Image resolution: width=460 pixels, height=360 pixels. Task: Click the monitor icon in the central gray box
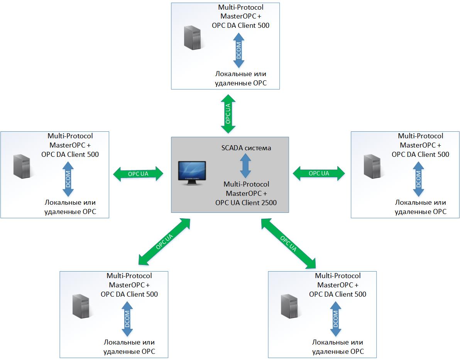tap(192, 173)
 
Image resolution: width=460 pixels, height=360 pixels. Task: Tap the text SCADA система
tap(246, 148)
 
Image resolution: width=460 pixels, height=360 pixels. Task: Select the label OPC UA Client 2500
tap(246, 203)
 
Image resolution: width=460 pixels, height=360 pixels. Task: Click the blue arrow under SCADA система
tap(245, 166)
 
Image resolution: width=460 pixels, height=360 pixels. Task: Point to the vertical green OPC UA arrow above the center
tap(228, 114)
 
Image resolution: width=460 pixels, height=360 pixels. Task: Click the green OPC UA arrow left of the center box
tap(138, 174)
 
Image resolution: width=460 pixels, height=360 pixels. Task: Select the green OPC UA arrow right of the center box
tap(319, 173)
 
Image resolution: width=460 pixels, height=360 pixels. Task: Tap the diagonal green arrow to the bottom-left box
tap(164, 242)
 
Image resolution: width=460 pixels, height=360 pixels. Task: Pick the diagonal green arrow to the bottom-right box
tap(288, 243)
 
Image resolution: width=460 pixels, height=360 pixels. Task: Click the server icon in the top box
tap(193, 37)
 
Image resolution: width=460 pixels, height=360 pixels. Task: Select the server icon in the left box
tap(22, 166)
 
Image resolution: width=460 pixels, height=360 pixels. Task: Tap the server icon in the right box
tap(372, 166)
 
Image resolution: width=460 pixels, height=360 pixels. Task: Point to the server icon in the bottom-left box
tap(81, 306)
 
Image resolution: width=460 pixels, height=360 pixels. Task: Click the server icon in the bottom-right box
tap(289, 306)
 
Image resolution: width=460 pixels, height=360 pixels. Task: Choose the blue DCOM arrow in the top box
tap(239, 50)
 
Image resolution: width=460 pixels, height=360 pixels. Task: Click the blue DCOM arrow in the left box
tap(68, 179)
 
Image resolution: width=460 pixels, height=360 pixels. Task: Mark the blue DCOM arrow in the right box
tap(418, 179)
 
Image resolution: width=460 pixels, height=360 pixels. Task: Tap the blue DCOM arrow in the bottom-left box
tap(127, 319)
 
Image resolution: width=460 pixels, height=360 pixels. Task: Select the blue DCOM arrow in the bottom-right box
tap(336, 319)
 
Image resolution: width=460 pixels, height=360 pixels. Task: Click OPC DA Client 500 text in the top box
tap(240, 25)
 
